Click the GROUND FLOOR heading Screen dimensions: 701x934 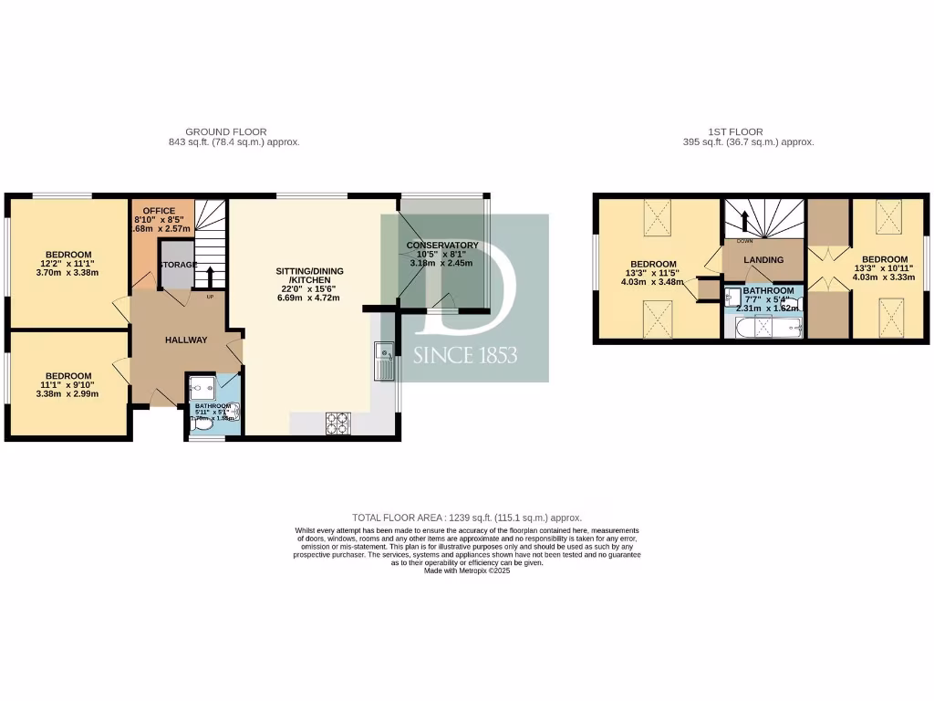pyautogui.click(x=226, y=132)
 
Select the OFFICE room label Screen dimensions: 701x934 pyautogui.click(x=159, y=211)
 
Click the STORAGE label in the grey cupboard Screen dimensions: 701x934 pyautogui.click(x=179, y=265)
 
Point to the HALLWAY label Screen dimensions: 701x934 pyautogui.click(x=185, y=340)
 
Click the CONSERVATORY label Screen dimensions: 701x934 pyautogui.click(x=442, y=246)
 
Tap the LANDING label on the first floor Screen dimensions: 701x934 pyautogui.click(x=763, y=260)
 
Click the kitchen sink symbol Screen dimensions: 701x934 pyautogui.click(x=383, y=361)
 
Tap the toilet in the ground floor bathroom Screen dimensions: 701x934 pyautogui.click(x=202, y=423)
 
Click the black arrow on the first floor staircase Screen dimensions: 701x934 pyautogui.click(x=745, y=222)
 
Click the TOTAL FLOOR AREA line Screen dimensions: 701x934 pyautogui.click(x=466, y=518)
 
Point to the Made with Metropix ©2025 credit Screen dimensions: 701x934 pyautogui.click(x=466, y=570)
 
